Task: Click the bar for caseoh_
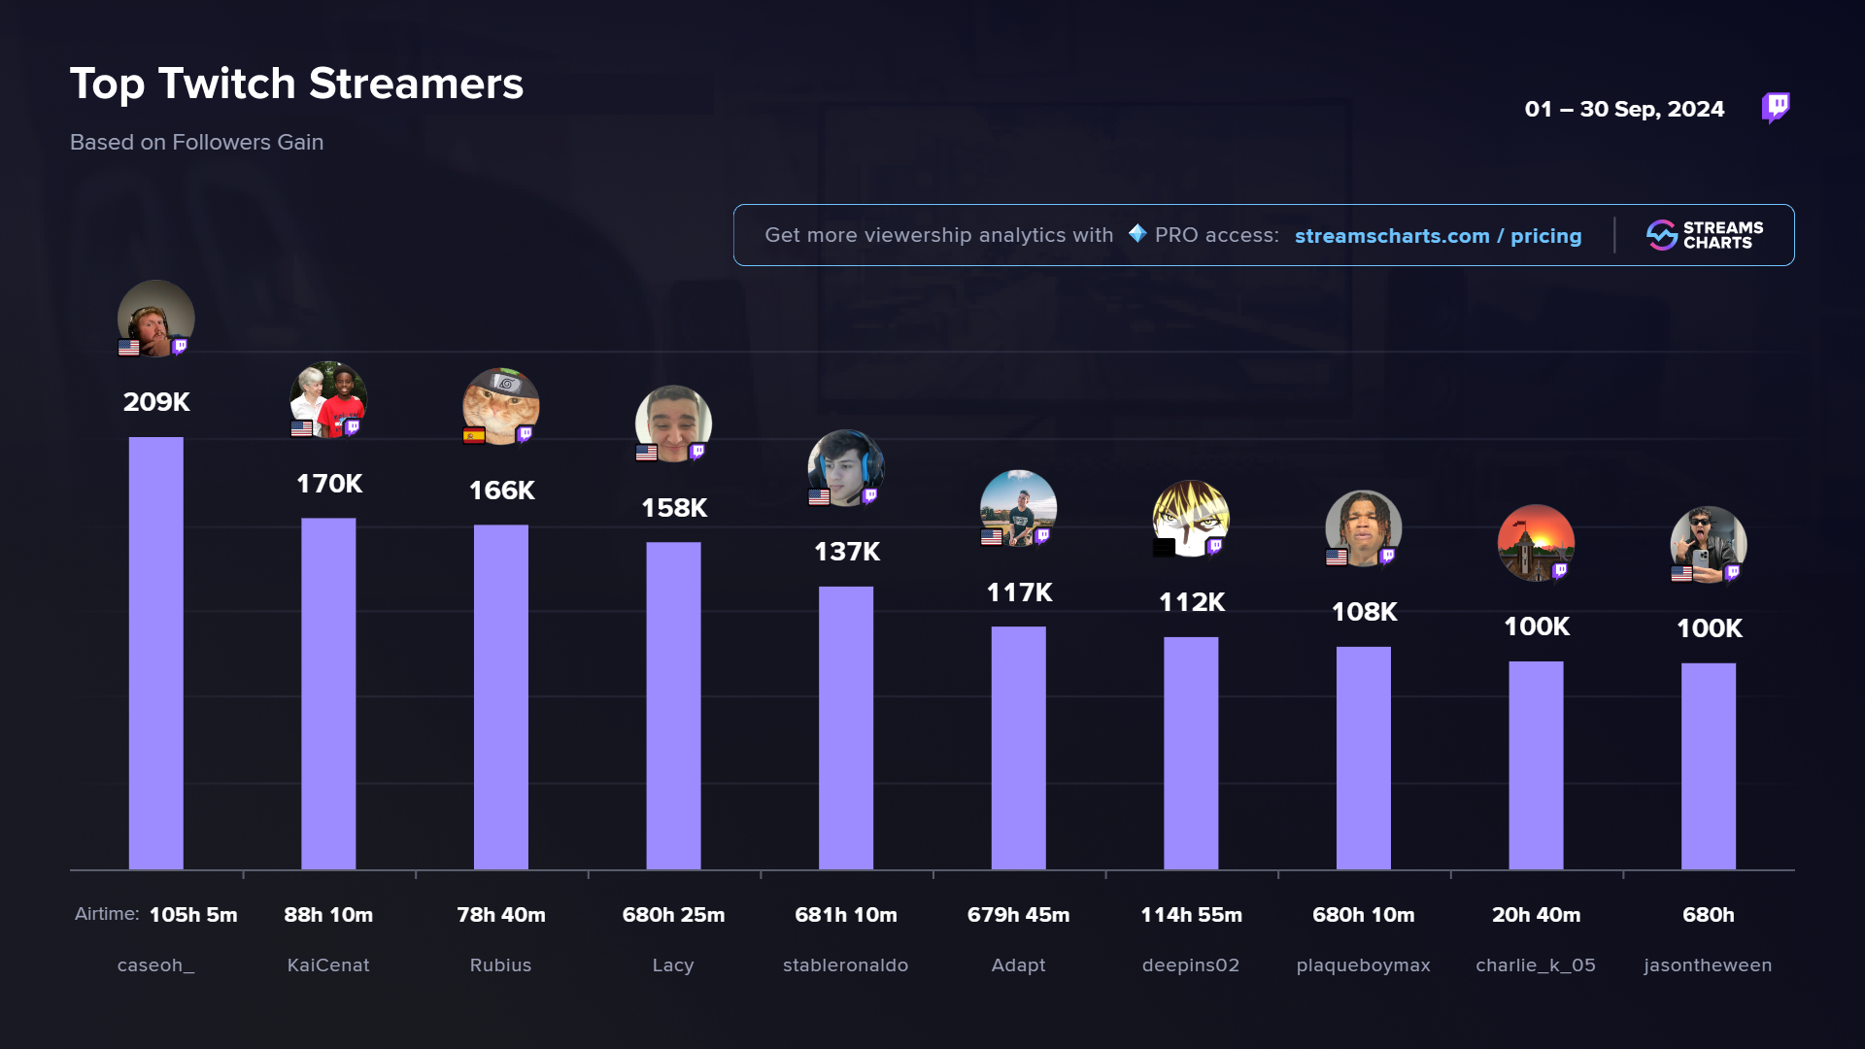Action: tap(155, 653)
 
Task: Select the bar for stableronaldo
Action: tap(845, 728)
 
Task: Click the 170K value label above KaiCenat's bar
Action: tap(329, 484)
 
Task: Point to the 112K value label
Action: tap(1191, 602)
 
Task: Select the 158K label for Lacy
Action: tap(674, 508)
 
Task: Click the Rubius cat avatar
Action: tap(501, 404)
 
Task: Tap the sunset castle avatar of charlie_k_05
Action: tap(1536, 541)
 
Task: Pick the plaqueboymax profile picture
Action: tap(1363, 527)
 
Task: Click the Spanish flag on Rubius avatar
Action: tap(474, 436)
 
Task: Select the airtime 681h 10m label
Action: tap(845, 915)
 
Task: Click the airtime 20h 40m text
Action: tap(1536, 915)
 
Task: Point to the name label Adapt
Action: tap(1018, 965)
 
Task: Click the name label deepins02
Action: tap(1190, 965)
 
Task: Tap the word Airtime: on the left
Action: tap(107, 914)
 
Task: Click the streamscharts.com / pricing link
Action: tap(1438, 236)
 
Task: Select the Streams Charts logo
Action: tap(1705, 235)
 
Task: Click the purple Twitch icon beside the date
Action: tap(1776, 107)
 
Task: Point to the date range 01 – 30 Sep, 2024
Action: tap(1624, 110)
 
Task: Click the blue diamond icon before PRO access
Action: tap(1137, 234)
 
